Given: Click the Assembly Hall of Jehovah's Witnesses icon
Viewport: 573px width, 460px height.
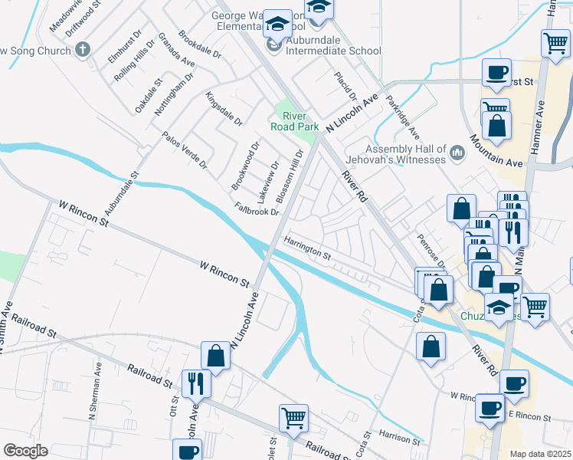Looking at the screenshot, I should coord(458,153).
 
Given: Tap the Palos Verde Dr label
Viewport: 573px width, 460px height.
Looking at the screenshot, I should coord(185,149).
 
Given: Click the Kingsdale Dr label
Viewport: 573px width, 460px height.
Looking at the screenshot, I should coord(224,110).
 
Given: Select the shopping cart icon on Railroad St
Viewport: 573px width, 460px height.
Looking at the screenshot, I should coord(293,418).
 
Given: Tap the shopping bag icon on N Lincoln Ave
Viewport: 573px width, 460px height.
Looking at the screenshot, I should coord(216,356).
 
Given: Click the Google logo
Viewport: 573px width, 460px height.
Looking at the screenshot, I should coord(25,451).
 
